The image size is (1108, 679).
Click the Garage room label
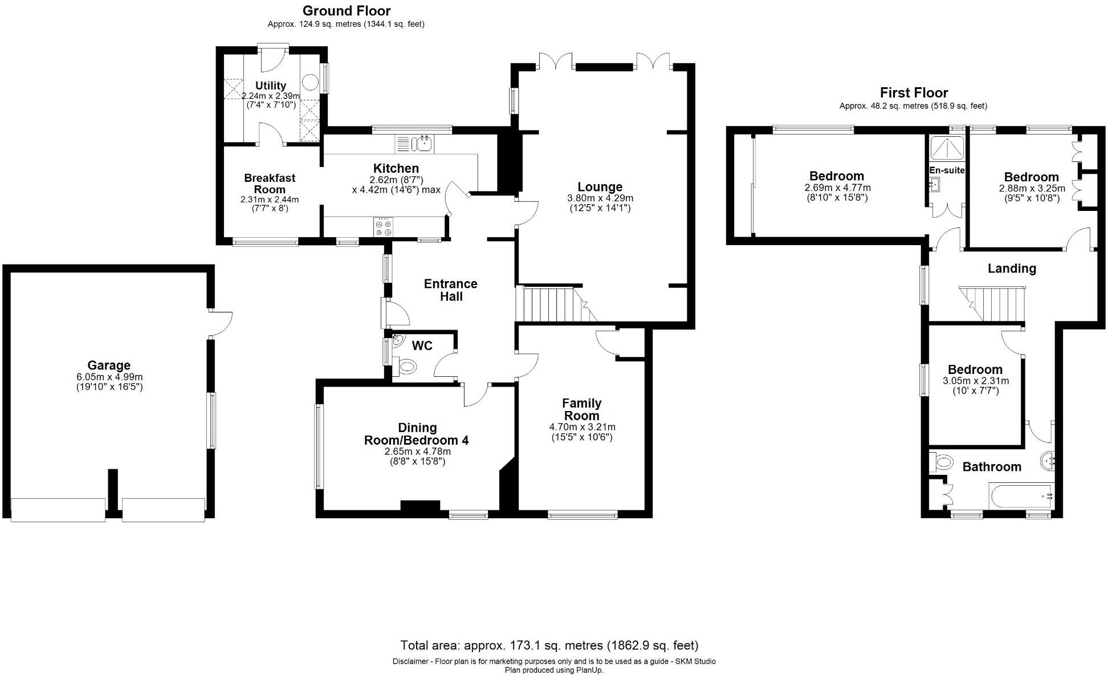pos(108,365)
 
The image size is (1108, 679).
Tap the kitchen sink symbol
pos(423,144)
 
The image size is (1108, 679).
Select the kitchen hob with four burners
pos(383,227)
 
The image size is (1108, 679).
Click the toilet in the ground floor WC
pos(407,367)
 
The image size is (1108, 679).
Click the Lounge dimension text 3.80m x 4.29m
pos(600,198)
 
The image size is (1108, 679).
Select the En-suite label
pos(947,170)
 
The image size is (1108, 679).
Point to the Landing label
pos(1012,269)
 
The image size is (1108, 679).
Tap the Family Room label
pos(581,409)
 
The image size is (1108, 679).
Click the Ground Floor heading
pos(346,11)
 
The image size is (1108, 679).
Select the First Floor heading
pos(913,93)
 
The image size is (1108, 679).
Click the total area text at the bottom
pos(549,645)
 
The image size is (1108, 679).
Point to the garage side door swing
pos(221,324)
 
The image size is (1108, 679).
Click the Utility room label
pos(270,86)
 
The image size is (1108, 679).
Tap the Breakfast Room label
pos(270,184)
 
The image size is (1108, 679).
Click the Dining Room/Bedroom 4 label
pos(416,434)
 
